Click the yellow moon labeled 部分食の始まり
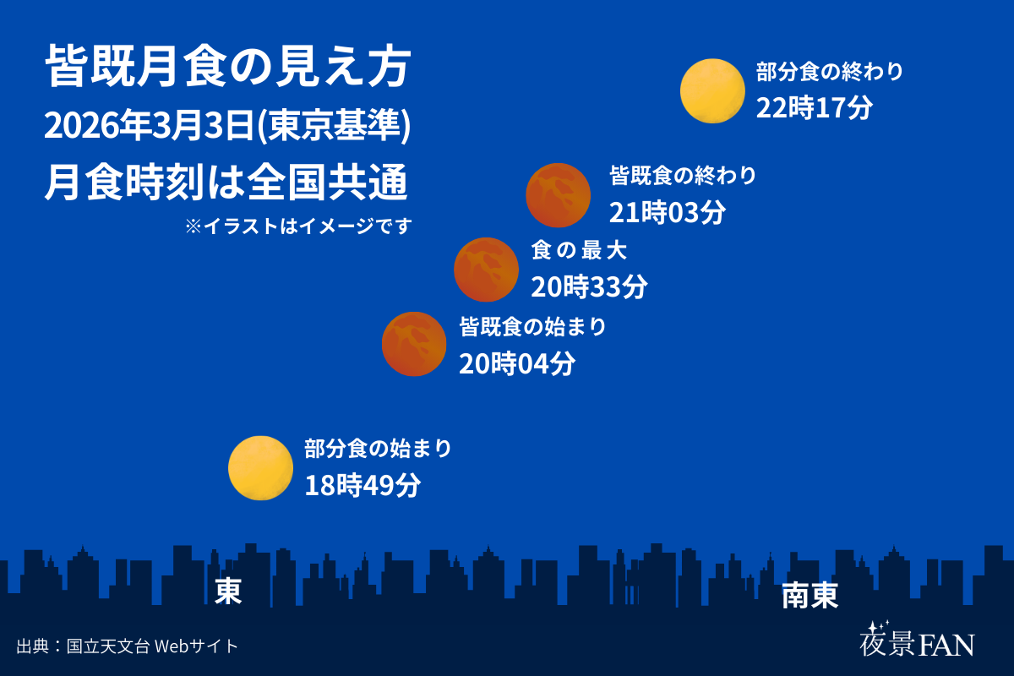pyautogui.click(x=260, y=468)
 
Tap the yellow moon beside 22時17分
pyautogui.click(x=712, y=90)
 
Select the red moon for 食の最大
pyautogui.click(x=486, y=270)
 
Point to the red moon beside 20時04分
pyautogui.click(x=414, y=344)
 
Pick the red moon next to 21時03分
pyautogui.click(x=558, y=195)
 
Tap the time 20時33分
pyautogui.click(x=589, y=287)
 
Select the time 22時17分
pyautogui.click(x=814, y=109)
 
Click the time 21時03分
pyautogui.click(x=668, y=213)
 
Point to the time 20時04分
pyautogui.click(x=517, y=363)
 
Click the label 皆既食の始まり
pyautogui.click(x=532, y=327)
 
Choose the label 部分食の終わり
pyautogui.click(x=829, y=72)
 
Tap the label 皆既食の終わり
pyautogui.click(x=683, y=176)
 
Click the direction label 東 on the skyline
pyautogui.click(x=228, y=591)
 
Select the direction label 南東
pyautogui.click(x=810, y=596)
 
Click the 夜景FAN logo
pyautogui.click(x=916, y=641)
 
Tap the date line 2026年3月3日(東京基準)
pyautogui.click(x=227, y=126)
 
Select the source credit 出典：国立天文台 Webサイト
pyautogui.click(x=127, y=646)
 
